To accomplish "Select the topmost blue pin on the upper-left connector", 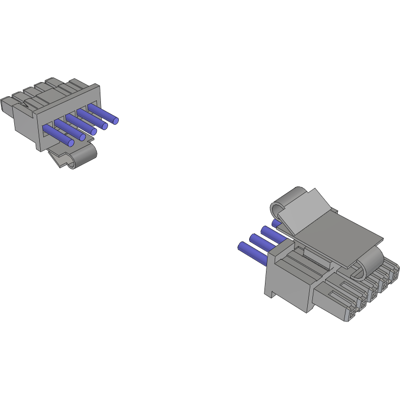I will (x=104, y=114).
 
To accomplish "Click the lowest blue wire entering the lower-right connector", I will (x=252, y=252).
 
